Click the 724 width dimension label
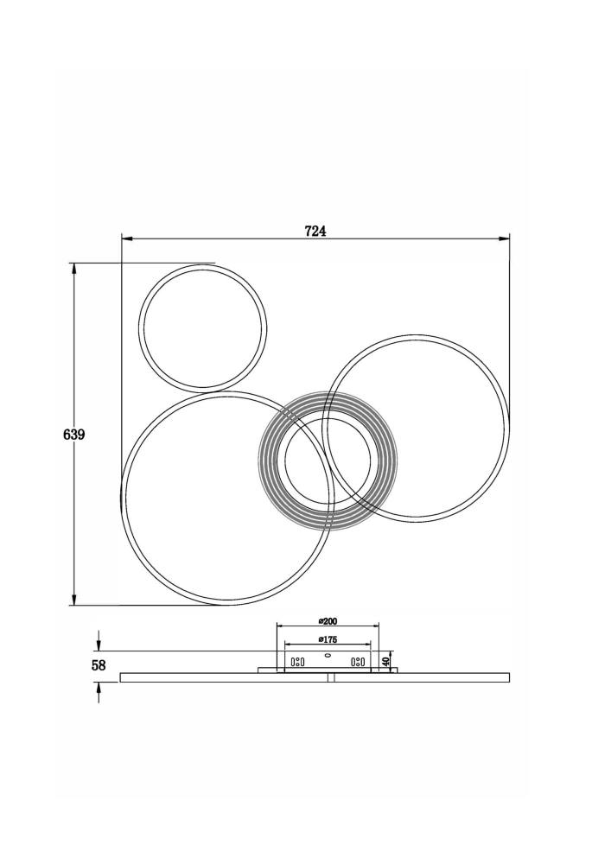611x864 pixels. click(x=315, y=231)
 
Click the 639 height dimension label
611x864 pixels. click(x=73, y=435)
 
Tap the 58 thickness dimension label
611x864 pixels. click(x=99, y=665)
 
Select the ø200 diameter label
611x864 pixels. click(x=328, y=621)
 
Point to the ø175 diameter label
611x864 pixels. click(x=328, y=639)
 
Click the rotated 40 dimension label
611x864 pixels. click(x=386, y=659)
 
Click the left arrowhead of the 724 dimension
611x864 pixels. click(x=127, y=238)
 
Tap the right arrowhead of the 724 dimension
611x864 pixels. click(x=504, y=238)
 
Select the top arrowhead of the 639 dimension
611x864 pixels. click(x=73, y=269)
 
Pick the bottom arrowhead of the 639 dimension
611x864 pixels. click(x=73, y=600)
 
